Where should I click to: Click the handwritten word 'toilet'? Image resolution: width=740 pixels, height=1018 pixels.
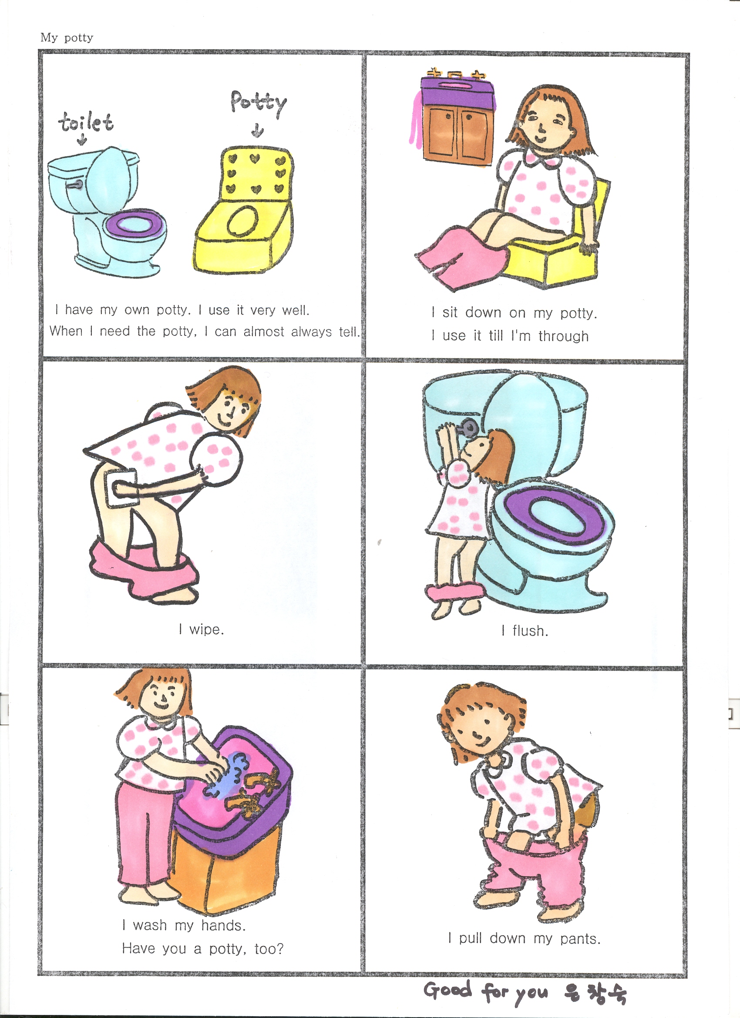[85, 122]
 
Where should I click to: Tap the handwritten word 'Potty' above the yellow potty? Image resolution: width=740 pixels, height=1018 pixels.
[258, 103]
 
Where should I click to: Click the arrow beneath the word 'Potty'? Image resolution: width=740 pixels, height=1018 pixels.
[257, 131]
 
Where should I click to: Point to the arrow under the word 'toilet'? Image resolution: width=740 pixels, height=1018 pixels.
[82, 140]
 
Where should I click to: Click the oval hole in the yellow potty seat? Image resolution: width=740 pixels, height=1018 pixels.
[242, 221]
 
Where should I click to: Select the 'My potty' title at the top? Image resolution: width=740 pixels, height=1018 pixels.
[67, 37]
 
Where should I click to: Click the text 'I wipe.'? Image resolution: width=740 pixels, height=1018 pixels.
[201, 630]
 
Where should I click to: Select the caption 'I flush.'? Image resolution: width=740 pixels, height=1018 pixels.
[525, 631]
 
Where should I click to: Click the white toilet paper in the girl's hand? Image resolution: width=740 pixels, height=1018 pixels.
[120, 487]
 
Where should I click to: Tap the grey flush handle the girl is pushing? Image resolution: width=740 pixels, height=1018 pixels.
[470, 426]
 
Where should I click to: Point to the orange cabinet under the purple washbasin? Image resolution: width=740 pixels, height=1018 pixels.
[225, 866]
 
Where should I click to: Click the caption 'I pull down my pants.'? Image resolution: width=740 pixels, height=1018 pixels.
[525, 938]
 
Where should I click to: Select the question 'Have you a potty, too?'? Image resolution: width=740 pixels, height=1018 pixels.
[202, 948]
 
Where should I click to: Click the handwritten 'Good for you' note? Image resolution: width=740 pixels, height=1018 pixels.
[486, 991]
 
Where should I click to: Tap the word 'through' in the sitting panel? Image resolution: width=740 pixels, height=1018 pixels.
[564, 336]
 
